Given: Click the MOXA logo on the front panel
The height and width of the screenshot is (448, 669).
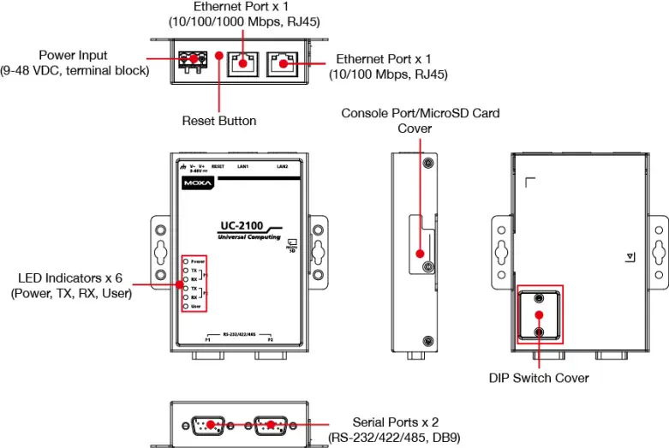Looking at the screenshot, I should click(198, 183).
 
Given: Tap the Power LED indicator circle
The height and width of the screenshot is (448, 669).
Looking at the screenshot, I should click(186, 260).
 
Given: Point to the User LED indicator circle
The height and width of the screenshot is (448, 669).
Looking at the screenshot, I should click(186, 306).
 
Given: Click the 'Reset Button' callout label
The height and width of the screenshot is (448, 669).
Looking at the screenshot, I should click(218, 121).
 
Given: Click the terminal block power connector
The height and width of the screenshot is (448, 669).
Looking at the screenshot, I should click(194, 60).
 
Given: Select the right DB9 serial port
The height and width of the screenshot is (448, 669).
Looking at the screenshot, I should click(271, 425).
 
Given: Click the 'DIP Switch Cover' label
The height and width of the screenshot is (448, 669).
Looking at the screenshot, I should click(539, 377).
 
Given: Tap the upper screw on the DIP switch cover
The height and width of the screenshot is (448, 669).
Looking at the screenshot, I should click(538, 298).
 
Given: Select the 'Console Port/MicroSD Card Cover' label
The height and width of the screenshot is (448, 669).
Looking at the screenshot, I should click(420, 120).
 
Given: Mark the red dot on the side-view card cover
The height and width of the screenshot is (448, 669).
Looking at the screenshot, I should click(421, 254).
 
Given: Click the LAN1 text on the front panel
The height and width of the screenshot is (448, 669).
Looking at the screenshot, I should click(242, 165).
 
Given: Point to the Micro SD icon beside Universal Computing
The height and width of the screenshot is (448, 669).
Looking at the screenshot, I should click(292, 244).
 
